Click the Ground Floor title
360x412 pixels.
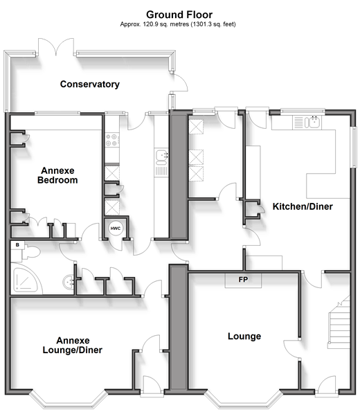tap(179, 15)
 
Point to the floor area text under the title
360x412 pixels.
tap(178, 24)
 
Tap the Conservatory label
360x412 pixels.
tap(89, 84)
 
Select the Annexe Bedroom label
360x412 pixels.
tap(57, 175)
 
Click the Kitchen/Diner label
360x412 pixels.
tap(303, 206)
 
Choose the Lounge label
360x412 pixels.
tap(244, 336)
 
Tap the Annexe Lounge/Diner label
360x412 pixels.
tap(73, 346)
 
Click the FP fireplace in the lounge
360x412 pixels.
tap(243, 280)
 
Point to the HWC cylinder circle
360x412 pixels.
tap(116, 229)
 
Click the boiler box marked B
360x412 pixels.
tap(17, 245)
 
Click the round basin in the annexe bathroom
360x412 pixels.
tap(69, 283)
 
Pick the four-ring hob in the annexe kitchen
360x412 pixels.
tap(112, 140)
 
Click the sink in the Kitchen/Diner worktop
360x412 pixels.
tap(313, 122)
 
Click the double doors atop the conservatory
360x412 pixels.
tap(56, 47)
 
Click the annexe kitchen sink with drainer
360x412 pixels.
tap(161, 163)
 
